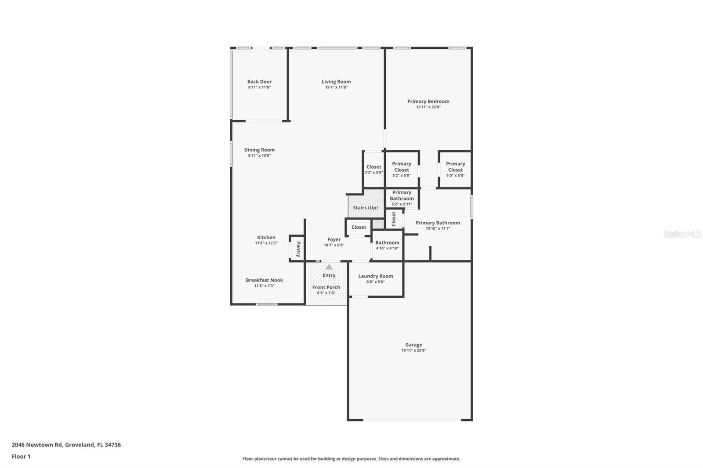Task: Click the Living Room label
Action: [x=336, y=82]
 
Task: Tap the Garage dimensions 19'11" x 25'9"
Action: [x=413, y=350]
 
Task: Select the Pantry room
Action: [x=298, y=249]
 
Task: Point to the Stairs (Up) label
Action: [x=366, y=208]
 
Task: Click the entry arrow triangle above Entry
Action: [x=329, y=267]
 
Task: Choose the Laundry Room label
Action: [x=376, y=276]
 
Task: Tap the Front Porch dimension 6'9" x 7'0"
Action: [x=326, y=293]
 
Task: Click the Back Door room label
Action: [x=259, y=82]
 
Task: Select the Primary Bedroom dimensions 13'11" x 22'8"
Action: [x=428, y=107]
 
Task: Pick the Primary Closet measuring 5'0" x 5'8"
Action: [x=455, y=169]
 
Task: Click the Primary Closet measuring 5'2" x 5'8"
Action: [x=402, y=169]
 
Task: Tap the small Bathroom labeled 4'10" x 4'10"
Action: [x=387, y=245]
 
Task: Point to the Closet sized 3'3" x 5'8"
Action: [x=374, y=169]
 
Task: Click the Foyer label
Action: [x=334, y=240]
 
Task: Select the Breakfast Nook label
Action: [x=264, y=280]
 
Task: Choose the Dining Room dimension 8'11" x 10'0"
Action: [x=259, y=155]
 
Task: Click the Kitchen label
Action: [x=266, y=238]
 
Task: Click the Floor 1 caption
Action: [x=21, y=457]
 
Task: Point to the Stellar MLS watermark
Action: [x=682, y=234]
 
